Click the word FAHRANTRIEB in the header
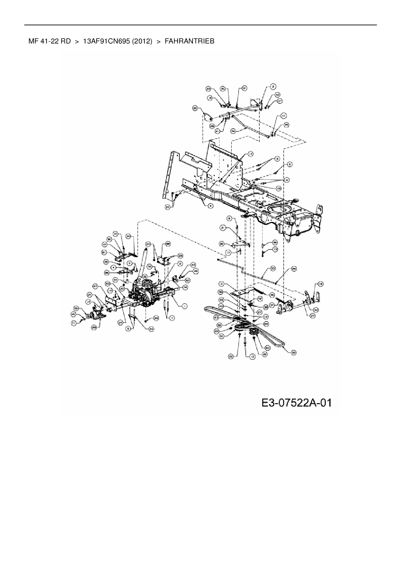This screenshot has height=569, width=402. click(x=189, y=41)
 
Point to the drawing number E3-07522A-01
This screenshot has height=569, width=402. click(x=296, y=403)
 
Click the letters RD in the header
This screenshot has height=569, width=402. click(x=65, y=41)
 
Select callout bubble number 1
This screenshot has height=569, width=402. click(x=185, y=306)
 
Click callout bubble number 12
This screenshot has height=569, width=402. click(x=252, y=356)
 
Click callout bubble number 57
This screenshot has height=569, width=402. click(x=115, y=279)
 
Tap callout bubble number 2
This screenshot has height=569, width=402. click(x=273, y=87)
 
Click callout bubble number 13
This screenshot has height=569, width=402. click(x=275, y=249)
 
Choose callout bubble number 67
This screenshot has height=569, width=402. click(x=95, y=286)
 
